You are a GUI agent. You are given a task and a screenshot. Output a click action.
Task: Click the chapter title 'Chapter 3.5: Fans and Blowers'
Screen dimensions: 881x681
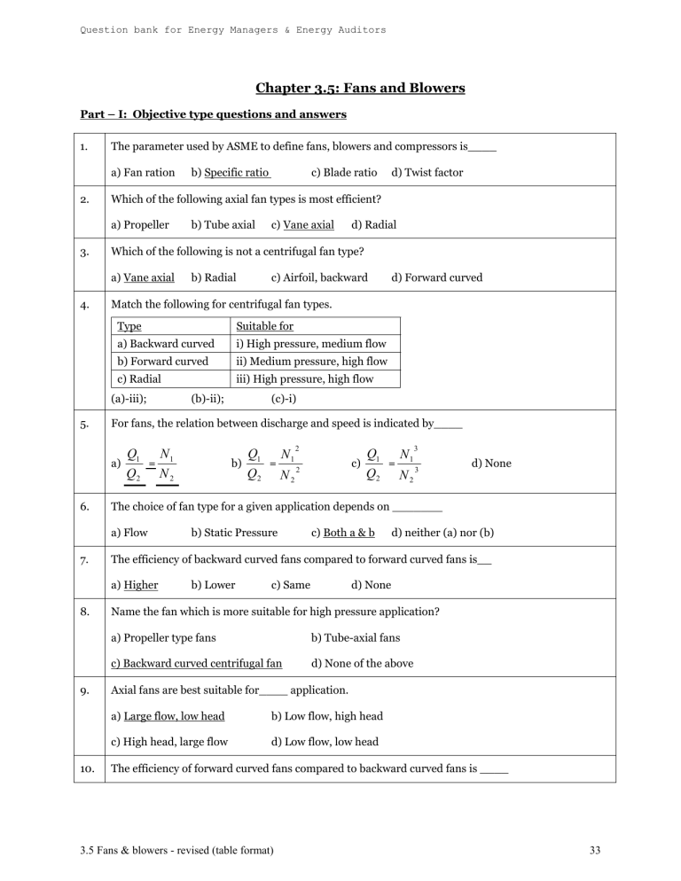pos(360,88)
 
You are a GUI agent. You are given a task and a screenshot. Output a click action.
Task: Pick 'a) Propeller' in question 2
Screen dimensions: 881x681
pos(140,225)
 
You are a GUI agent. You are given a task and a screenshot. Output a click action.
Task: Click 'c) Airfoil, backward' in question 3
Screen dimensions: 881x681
pos(319,277)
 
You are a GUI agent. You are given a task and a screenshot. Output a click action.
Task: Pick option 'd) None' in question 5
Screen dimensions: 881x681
pos(492,464)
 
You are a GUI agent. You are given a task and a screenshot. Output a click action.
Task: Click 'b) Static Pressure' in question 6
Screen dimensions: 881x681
pos(234,533)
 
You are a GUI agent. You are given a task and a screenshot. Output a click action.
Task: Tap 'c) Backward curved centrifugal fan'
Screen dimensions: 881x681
pos(196,662)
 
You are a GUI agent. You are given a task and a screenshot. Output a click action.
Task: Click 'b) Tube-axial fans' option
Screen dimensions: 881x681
pos(356,637)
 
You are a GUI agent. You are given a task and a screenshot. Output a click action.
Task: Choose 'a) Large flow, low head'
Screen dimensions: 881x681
pos(168,716)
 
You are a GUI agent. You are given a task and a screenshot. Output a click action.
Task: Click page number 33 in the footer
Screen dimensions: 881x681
pos(594,852)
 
